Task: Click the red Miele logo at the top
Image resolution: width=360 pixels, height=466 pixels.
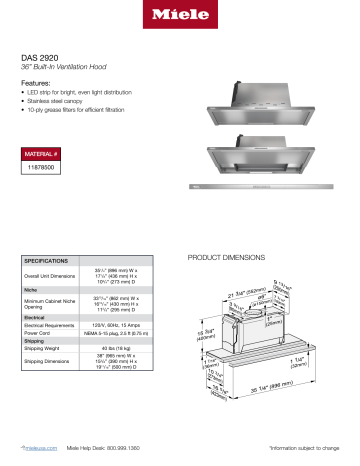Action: coord(180,17)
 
